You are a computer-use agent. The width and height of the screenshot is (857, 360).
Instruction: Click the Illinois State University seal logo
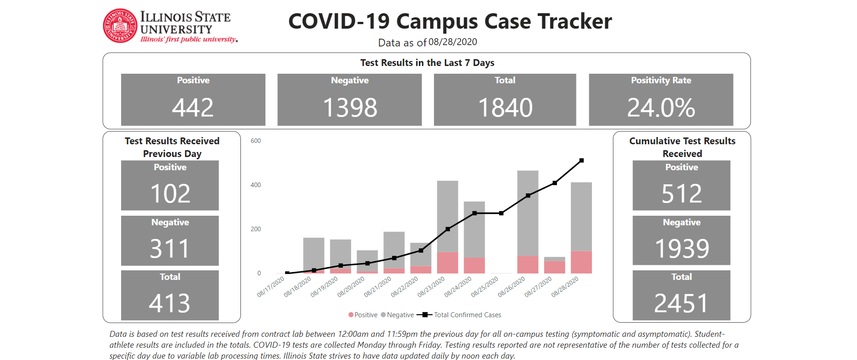coord(120,26)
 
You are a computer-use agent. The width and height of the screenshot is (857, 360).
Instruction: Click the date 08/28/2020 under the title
coord(453,42)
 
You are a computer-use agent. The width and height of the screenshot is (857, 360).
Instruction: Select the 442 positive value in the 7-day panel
coord(193,108)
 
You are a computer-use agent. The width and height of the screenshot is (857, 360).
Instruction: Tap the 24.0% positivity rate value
coord(661,108)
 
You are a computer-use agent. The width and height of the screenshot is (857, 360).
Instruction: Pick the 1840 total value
coord(505,108)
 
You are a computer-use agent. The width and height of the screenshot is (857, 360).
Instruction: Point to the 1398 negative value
coord(350,108)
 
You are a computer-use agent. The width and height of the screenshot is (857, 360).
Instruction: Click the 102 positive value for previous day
coord(170,193)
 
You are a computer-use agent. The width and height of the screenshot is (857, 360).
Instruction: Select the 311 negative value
coord(169,248)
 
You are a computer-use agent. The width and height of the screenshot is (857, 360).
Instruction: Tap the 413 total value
coord(169,303)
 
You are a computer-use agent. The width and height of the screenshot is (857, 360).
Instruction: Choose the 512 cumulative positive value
coord(681,193)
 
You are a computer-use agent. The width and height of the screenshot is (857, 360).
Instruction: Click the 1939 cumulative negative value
coord(682,248)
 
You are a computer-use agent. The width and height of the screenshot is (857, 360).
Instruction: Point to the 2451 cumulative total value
coord(681,303)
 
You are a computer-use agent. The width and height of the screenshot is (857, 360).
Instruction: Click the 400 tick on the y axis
coord(255,185)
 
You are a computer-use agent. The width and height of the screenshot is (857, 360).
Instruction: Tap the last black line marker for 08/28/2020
coord(582,161)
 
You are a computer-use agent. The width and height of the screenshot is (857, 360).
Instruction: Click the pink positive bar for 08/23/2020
coord(448,263)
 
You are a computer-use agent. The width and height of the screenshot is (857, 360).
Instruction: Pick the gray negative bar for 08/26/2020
coord(528,213)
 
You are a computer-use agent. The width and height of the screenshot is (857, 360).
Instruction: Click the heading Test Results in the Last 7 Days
coord(427,63)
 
